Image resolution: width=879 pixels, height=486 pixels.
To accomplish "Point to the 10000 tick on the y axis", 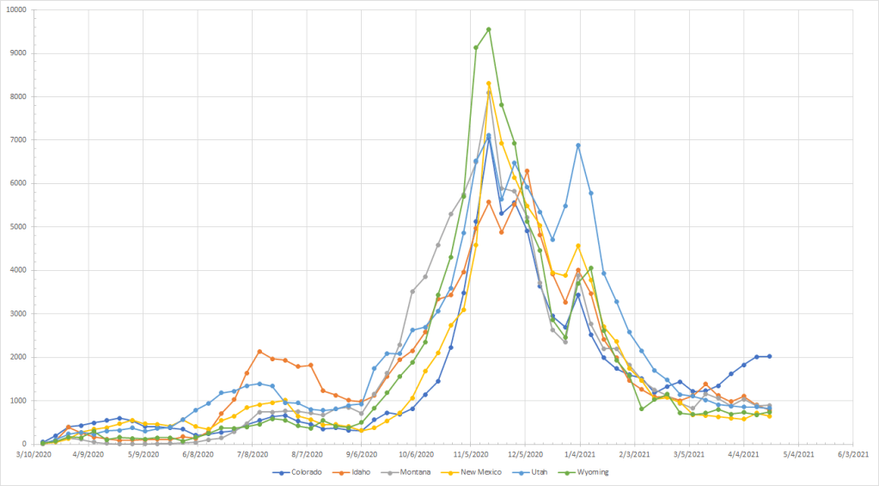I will click(15, 9).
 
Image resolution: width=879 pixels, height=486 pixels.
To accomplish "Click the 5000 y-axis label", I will click(18, 226).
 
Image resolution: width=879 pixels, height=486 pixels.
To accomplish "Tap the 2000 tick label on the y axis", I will click(18, 357).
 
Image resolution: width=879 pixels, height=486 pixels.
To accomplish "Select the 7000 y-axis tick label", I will click(18, 139).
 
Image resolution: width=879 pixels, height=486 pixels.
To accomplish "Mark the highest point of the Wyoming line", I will click(489, 29).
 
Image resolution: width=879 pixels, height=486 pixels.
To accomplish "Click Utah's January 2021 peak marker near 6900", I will click(578, 145).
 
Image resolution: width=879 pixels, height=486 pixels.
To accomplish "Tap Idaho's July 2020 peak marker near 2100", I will click(259, 351).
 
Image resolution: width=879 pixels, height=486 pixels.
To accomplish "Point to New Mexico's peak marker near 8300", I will click(489, 83).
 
